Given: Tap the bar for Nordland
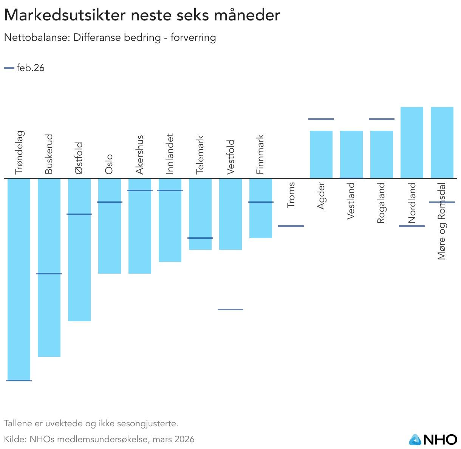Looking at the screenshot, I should (412, 142).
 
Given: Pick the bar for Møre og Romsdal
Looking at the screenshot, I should (442, 142).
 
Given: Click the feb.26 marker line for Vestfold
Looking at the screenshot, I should (230, 310).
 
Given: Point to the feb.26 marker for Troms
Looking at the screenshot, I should (291, 226).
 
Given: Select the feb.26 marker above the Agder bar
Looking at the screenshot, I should (321, 119).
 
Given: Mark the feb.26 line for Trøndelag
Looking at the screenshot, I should (19, 381).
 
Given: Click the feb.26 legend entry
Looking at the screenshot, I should (25, 68).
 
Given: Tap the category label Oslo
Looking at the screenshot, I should (109, 164).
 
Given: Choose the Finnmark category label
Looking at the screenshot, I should (260, 154).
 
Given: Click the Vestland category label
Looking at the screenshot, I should (351, 201).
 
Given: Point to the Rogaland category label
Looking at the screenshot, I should (381, 203).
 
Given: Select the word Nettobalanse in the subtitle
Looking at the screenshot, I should (36, 38).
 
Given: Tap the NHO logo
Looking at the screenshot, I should (433, 439).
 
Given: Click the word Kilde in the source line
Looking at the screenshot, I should (14, 439).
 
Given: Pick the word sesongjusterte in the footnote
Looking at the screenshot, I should (148, 424).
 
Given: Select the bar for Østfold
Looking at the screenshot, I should (79, 250).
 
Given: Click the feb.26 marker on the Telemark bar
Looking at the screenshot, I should (200, 238).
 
